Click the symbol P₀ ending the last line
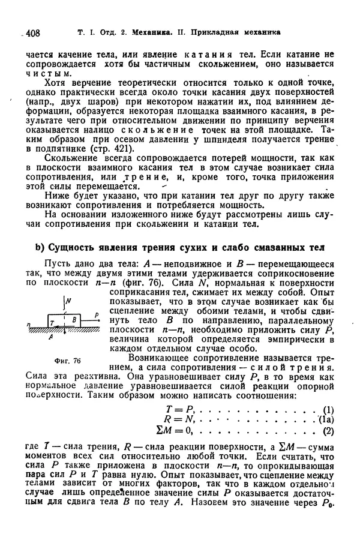coord(328,505)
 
